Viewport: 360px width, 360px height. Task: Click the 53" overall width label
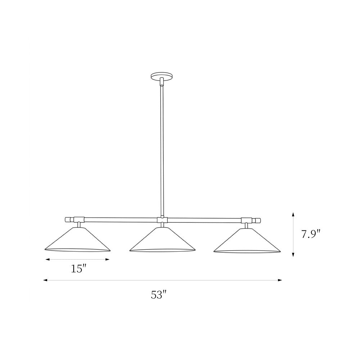158,294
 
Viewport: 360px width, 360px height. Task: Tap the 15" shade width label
78,269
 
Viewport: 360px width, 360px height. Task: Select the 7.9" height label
311,234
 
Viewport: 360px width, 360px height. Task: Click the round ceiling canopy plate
161,76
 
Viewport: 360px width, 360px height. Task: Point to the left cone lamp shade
78,239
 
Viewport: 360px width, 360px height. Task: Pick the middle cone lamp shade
162,239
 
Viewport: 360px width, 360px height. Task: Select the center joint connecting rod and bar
162,220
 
